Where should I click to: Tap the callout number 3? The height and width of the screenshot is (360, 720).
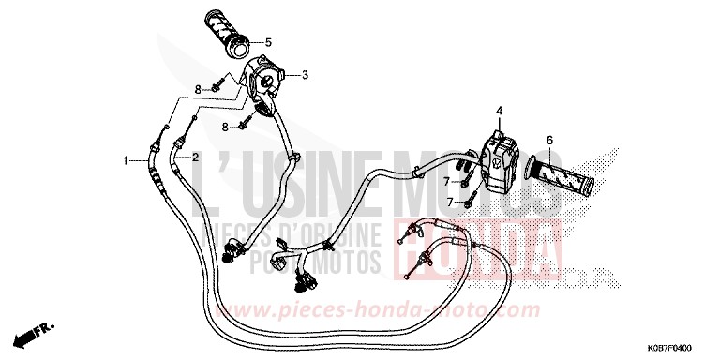tap(305, 72)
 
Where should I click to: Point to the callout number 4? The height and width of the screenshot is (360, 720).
tap(499, 112)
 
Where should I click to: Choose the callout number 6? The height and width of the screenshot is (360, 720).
tap(549, 140)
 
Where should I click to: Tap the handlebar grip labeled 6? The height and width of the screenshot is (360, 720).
tap(563, 174)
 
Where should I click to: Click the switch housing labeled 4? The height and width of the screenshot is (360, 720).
tap(499, 159)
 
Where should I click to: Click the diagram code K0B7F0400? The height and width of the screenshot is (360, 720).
tap(680, 346)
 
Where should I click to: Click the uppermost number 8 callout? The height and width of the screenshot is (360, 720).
tap(198, 89)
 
